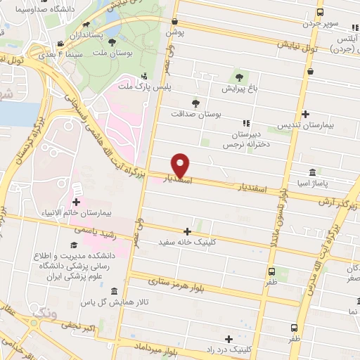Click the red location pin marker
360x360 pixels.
181,165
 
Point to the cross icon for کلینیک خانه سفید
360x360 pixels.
187,231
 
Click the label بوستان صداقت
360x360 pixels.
197,112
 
